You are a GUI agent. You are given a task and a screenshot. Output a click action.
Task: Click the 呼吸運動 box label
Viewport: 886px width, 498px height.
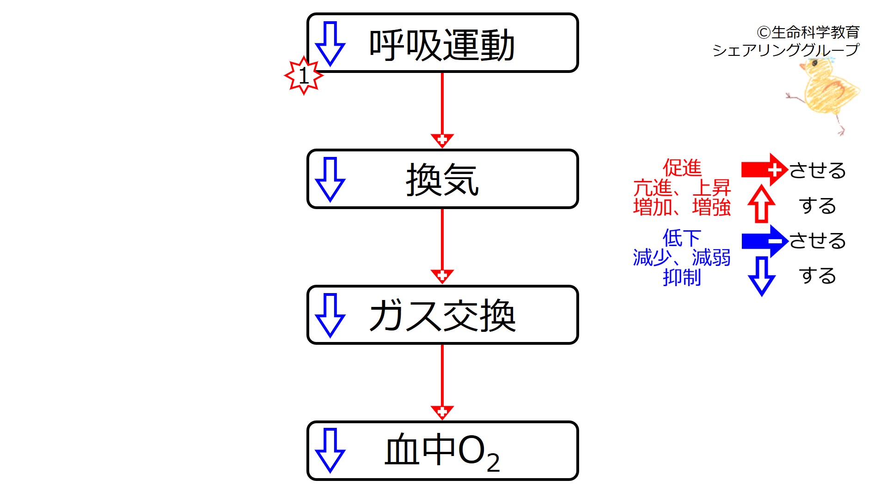(x=442, y=45)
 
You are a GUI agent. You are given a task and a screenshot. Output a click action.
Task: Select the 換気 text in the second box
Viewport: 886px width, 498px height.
(x=442, y=180)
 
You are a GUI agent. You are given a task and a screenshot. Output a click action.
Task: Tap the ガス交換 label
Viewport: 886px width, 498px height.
(x=442, y=316)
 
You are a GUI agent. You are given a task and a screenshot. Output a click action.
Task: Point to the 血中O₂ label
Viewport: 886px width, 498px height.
(x=442, y=452)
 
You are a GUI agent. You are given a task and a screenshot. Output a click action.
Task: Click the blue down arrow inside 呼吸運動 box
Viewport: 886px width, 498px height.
(x=330, y=44)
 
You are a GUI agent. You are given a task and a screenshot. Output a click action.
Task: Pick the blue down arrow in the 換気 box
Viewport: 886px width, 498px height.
(x=330, y=180)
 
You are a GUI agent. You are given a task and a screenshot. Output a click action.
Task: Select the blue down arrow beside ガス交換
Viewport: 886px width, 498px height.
(x=330, y=315)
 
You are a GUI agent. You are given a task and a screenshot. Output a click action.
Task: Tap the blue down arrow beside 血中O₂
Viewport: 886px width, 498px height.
(x=330, y=450)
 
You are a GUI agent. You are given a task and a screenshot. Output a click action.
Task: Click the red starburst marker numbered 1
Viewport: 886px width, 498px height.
(x=304, y=76)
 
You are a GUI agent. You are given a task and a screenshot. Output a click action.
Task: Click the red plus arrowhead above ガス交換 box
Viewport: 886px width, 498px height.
(x=442, y=276)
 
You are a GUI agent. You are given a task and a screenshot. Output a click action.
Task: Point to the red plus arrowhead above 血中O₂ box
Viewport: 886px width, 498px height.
(x=442, y=412)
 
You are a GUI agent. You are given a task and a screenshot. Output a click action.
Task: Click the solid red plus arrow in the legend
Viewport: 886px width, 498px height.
(x=764, y=170)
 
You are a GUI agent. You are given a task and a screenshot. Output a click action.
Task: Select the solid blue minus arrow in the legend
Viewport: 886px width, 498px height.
(x=764, y=241)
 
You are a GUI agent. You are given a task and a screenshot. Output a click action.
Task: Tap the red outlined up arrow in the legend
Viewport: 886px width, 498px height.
(x=762, y=204)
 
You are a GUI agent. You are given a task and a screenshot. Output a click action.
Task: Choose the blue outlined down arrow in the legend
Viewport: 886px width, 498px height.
(x=762, y=276)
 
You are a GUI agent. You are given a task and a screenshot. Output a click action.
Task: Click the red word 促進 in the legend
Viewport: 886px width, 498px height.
(x=682, y=168)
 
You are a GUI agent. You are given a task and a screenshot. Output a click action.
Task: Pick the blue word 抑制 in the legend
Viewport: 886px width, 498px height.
(x=682, y=277)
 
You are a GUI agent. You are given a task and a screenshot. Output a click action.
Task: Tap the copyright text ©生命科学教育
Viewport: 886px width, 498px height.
(x=808, y=32)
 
